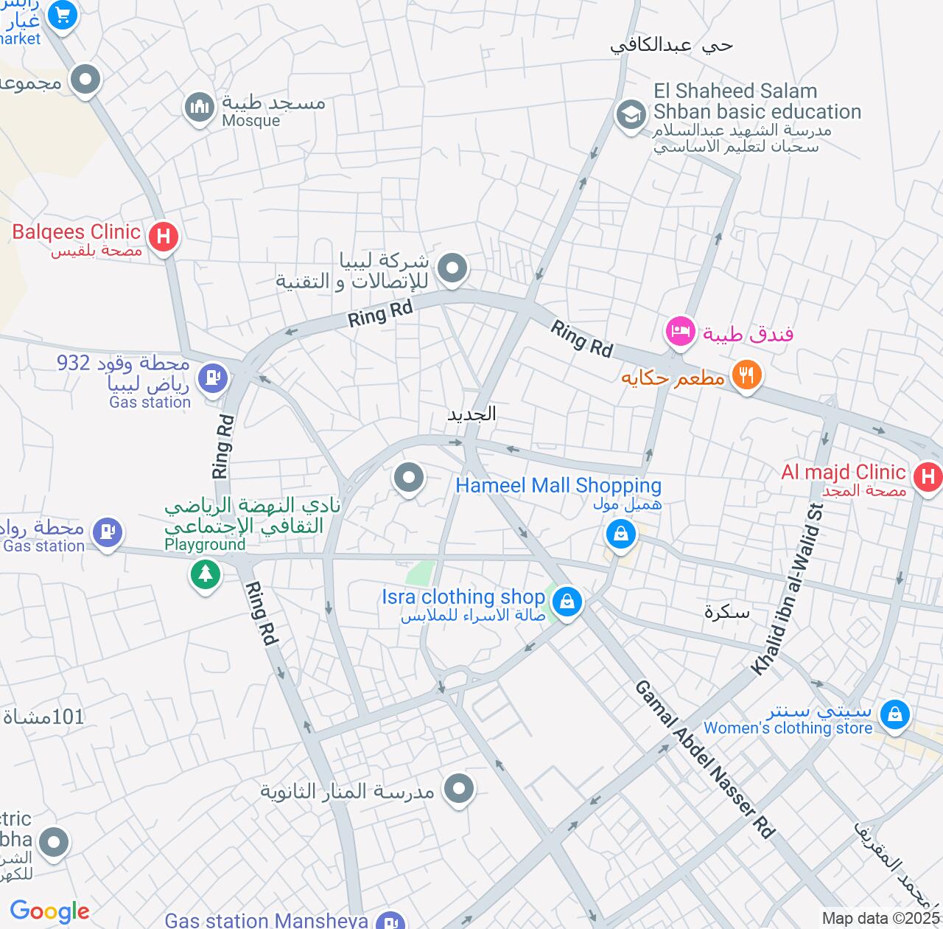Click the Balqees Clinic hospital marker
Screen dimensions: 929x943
[164, 237]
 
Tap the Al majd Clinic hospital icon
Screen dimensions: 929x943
[928, 476]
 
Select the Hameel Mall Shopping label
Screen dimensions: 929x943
[558, 485]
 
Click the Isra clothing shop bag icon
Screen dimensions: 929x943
[567, 602]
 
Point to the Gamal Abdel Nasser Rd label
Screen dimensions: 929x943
[705, 759]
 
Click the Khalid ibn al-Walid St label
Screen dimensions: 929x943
[787, 588]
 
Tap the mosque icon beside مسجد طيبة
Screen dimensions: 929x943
[200, 108]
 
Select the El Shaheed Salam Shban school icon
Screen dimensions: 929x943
[631, 115]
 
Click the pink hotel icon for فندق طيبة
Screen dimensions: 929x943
[680, 331]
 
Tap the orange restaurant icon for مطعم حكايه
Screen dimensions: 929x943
[746, 375]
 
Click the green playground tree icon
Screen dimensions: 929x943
[206, 573]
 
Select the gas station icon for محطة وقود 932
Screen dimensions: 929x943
[213, 377]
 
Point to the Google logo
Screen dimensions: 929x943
[49, 911]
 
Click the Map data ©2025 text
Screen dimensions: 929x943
[881, 919]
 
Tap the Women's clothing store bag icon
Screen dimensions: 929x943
[894, 714]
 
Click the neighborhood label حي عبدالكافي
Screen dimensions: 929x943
[671, 46]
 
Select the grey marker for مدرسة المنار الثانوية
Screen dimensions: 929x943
[459, 789]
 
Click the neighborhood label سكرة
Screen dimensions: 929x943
[726, 612]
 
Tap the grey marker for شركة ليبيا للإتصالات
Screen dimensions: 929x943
[452, 268]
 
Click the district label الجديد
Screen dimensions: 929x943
[471, 414]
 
